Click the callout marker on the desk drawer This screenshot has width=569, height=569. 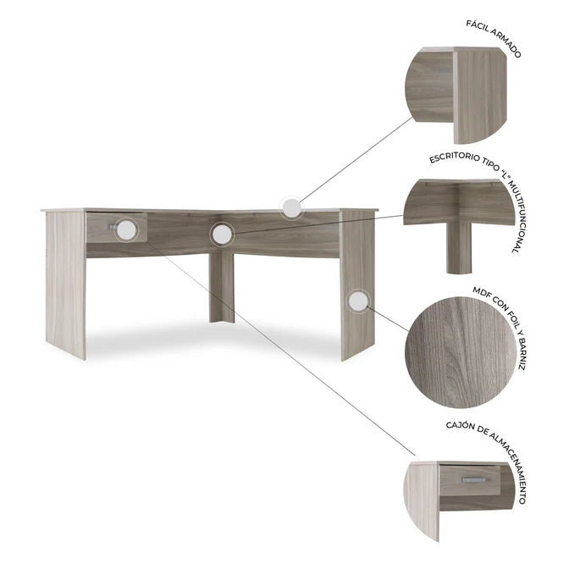click(126, 229)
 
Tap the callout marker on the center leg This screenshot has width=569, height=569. click(222, 234)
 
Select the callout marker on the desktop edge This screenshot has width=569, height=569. click(292, 208)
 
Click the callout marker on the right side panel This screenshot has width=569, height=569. click(358, 301)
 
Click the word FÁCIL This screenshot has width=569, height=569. click(479, 27)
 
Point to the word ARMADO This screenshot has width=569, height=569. click(507, 43)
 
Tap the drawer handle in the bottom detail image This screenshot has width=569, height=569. click(473, 479)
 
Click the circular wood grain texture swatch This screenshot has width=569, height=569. click(461, 353)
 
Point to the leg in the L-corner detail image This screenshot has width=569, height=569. click(459, 247)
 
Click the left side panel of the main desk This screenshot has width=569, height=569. click(66, 285)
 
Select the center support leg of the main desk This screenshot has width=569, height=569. click(222, 288)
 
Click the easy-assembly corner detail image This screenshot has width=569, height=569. click(456, 95)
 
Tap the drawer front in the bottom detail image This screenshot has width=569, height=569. click(470, 480)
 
